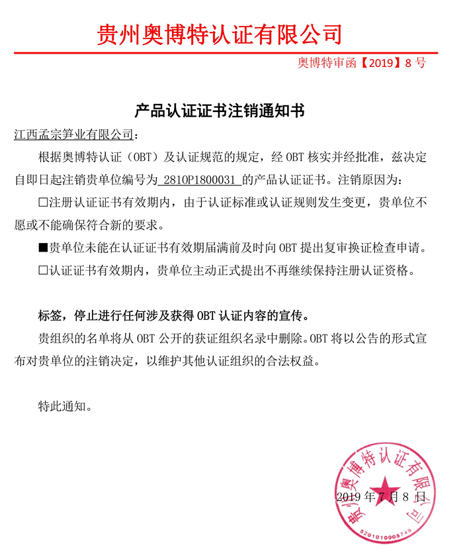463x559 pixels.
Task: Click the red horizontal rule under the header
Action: coord(225,52)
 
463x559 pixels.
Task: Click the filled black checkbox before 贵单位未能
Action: coord(43,248)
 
